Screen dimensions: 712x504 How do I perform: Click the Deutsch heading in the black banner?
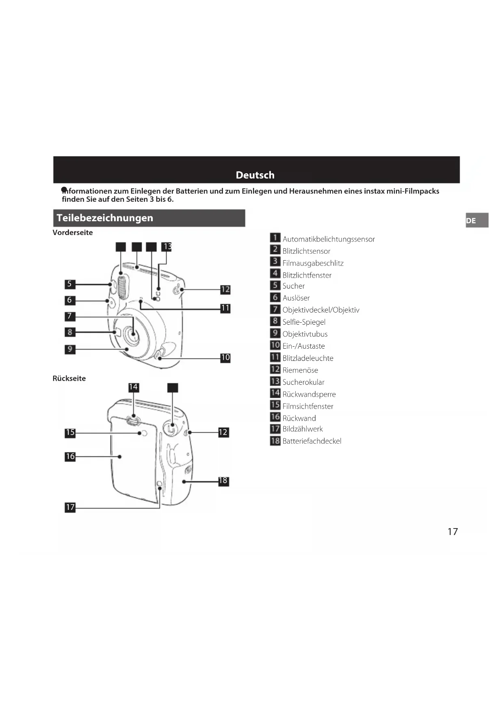coord(255,175)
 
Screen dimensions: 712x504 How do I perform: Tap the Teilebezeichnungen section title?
coord(105,218)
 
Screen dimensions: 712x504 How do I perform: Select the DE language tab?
coord(476,220)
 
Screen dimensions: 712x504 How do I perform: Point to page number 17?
coord(452,532)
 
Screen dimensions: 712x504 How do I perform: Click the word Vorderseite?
coord(73,233)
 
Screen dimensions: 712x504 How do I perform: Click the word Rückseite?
coord(69,378)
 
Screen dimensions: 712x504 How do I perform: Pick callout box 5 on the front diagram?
coord(70,284)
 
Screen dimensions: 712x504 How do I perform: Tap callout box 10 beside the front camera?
coord(225,358)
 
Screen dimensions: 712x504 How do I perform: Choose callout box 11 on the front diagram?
coord(225,308)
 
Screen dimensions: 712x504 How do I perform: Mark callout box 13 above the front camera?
coord(167,247)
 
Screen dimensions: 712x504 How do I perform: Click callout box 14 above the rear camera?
coord(133,387)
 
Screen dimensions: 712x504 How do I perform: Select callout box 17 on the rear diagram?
coord(70,507)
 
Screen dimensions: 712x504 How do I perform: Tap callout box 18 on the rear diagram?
coord(223,481)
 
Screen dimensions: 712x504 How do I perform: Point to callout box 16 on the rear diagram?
coord(70,457)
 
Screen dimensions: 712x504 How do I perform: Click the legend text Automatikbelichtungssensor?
coord(329,239)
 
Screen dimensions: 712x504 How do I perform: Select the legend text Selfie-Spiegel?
coord(304,322)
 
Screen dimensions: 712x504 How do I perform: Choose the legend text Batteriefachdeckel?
coord(312,441)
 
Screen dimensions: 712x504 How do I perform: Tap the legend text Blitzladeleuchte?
coord(308,358)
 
